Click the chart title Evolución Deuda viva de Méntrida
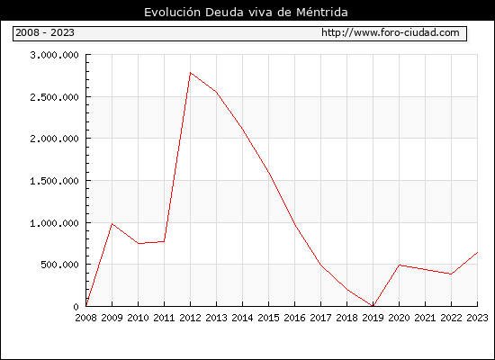(246, 12)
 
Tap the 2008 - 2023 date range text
(45, 32)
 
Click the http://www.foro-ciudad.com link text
(391, 32)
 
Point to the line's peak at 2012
(191, 73)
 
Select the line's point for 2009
(112, 224)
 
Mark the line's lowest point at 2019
(373, 306)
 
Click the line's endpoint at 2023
(477, 252)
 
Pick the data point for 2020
(399, 265)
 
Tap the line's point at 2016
(295, 225)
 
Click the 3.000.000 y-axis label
(54, 55)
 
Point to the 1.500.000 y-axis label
(54, 181)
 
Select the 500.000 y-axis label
(59, 265)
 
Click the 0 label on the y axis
(76, 307)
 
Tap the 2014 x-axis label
(242, 318)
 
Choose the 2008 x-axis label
(85, 318)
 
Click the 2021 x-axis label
(425, 318)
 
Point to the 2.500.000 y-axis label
(54, 97)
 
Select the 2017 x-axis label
(320, 318)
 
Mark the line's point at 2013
(217, 92)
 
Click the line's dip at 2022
(451, 274)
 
